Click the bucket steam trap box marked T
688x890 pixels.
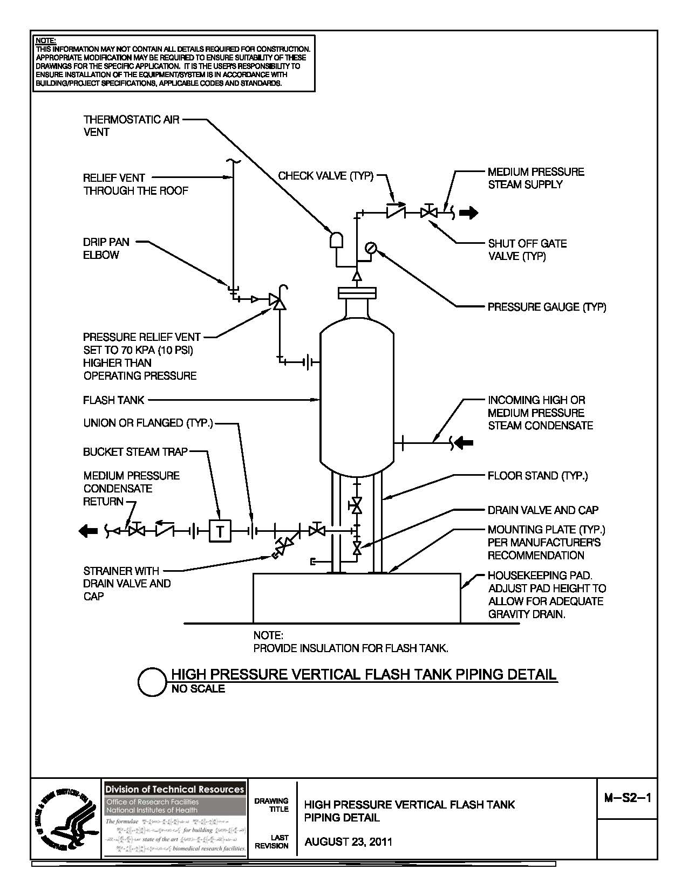click(x=220, y=531)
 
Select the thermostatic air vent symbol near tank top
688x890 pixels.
click(x=337, y=239)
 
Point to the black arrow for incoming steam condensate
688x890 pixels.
click(x=465, y=443)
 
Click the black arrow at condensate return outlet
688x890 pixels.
click(x=86, y=531)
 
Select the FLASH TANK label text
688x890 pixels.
click(x=114, y=400)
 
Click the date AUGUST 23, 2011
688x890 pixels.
click(x=349, y=842)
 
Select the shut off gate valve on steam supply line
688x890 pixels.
click(x=430, y=213)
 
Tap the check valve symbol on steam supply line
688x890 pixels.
click(x=396, y=213)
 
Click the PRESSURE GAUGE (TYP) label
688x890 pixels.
click(x=547, y=307)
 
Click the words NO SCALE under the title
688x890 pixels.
click(x=198, y=689)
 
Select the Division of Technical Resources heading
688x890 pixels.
click(x=174, y=789)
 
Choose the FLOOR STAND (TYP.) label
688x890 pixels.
click(x=537, y=476)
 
